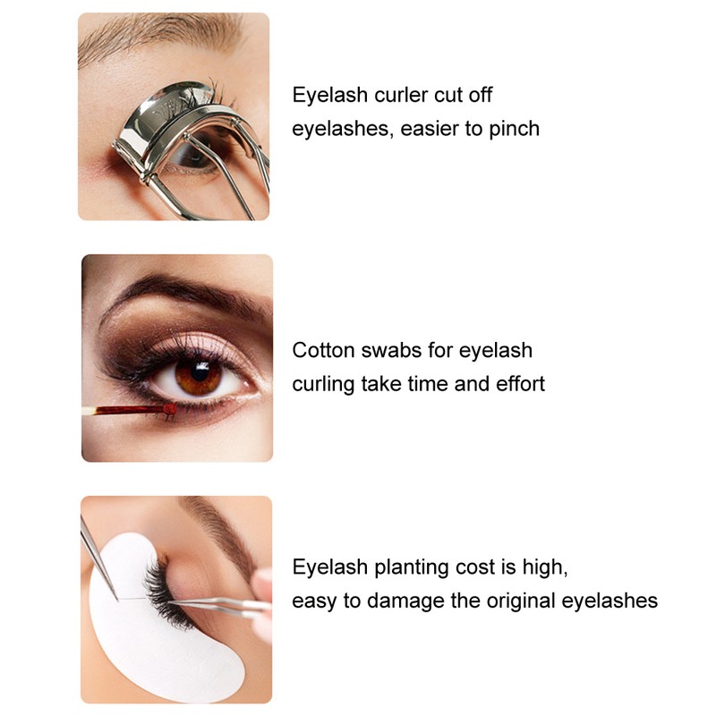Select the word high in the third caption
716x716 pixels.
click(546, 567)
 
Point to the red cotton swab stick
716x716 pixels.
click(125, 411)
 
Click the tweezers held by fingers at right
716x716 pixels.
click(224, 605)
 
